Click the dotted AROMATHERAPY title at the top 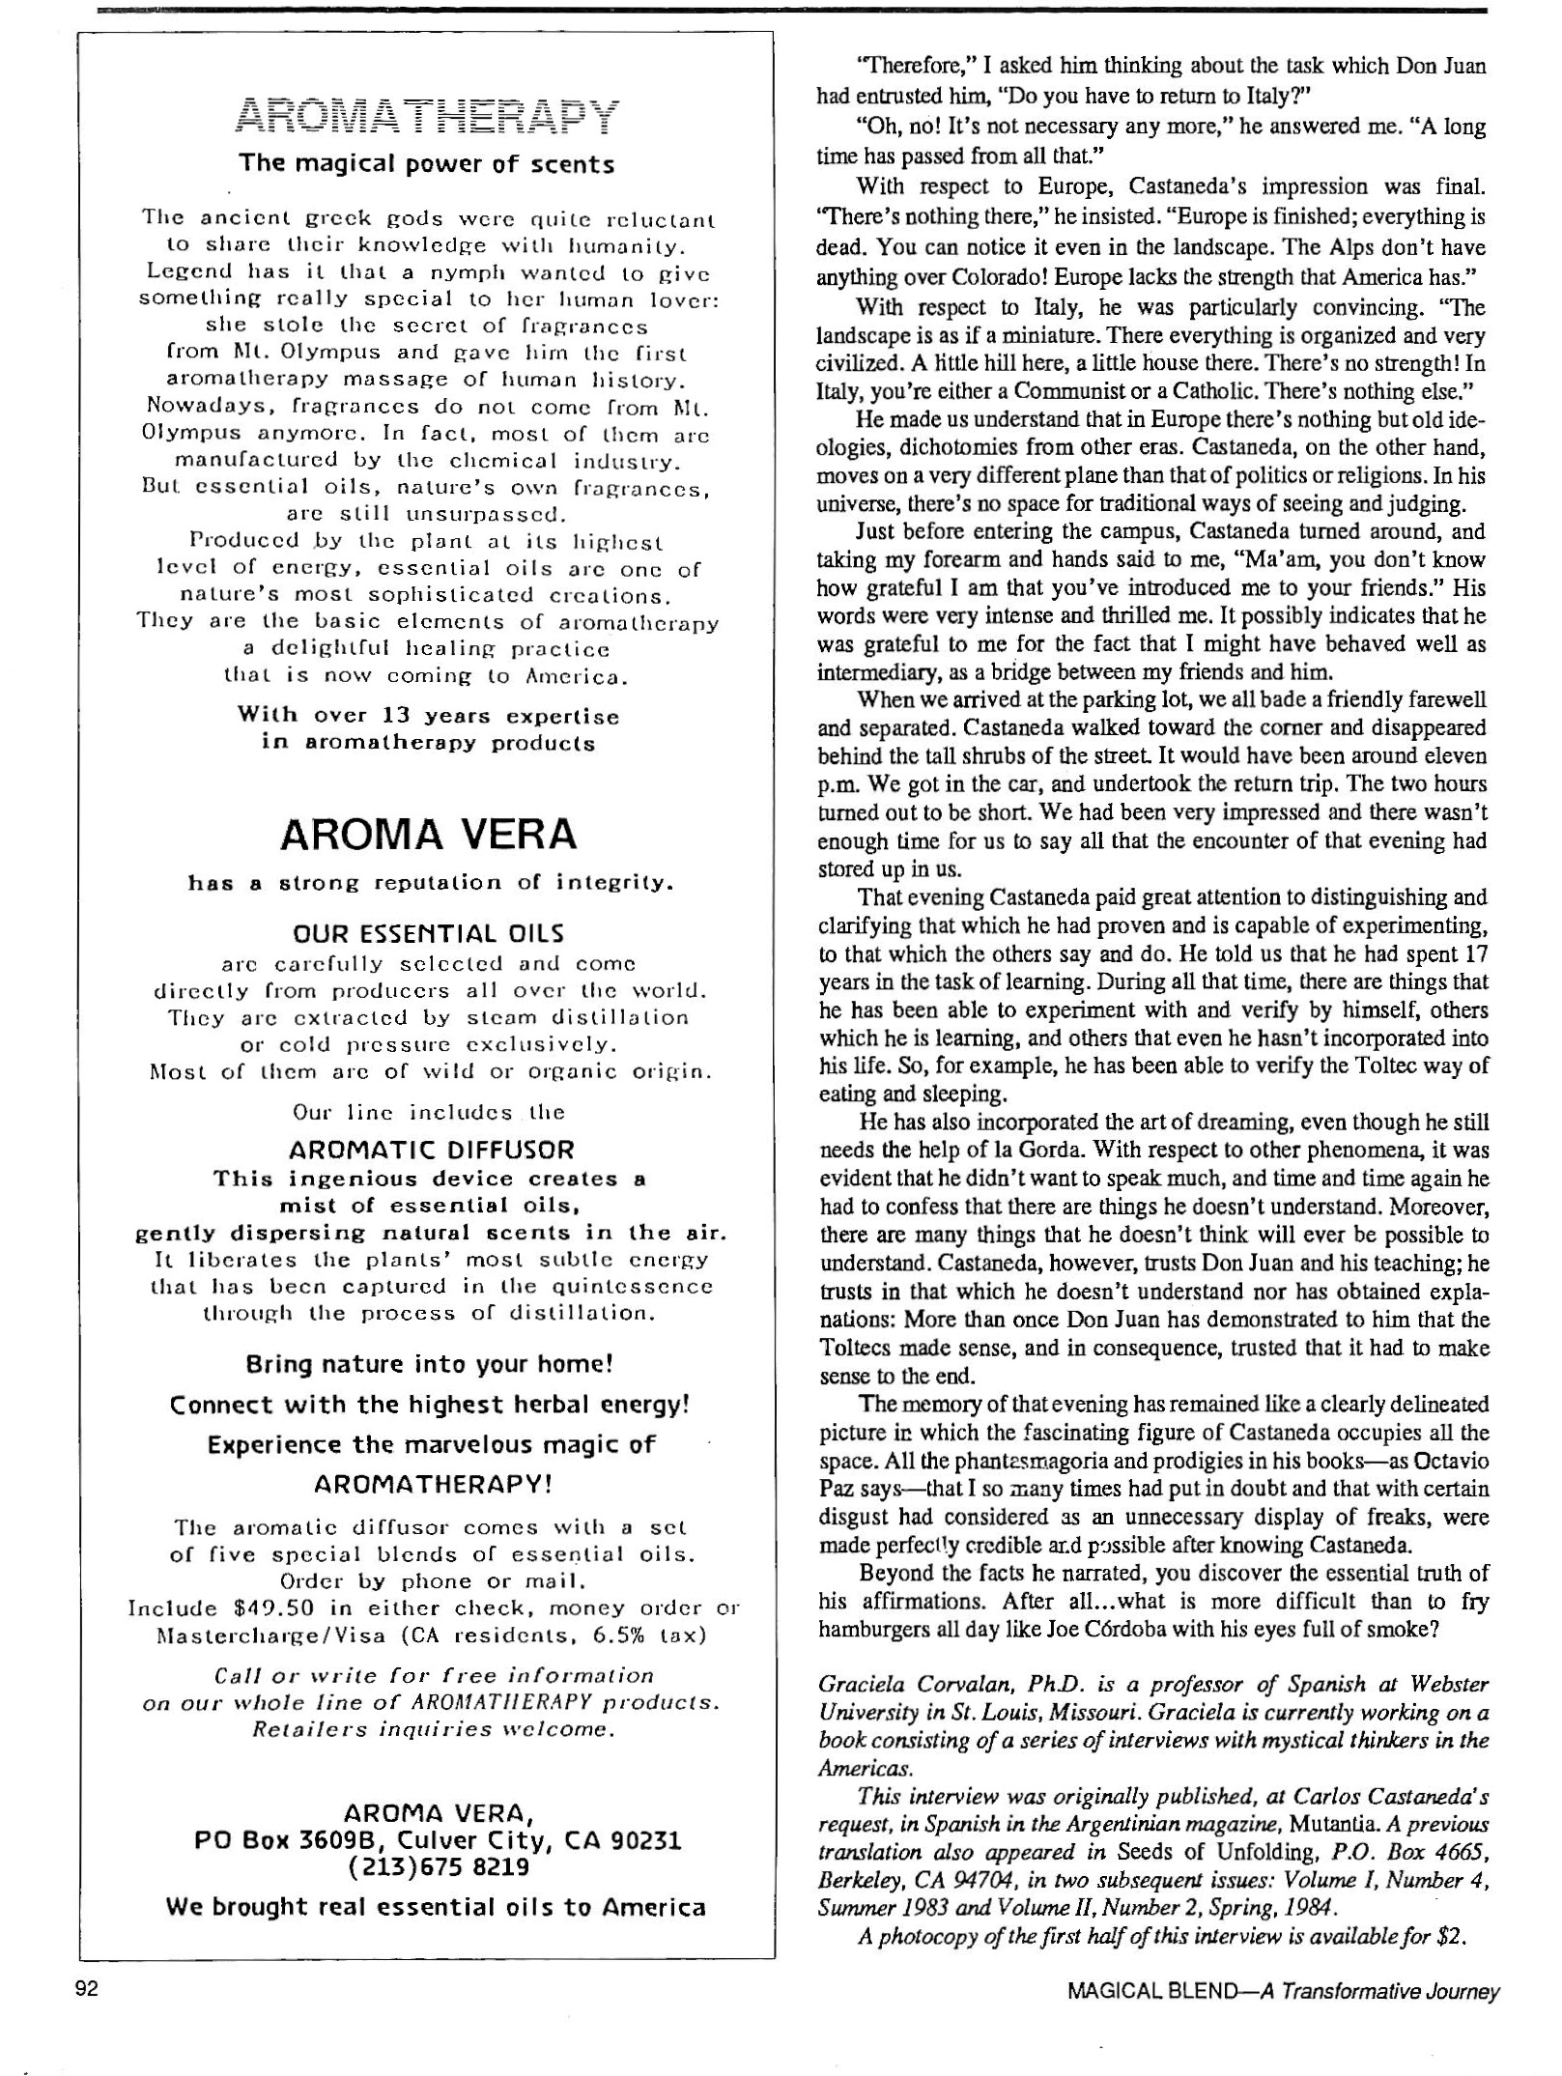426,115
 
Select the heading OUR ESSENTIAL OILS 428,934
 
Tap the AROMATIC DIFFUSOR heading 431,1151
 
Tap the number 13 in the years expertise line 391,717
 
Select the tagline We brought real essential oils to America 436,1907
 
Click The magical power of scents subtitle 426,164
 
